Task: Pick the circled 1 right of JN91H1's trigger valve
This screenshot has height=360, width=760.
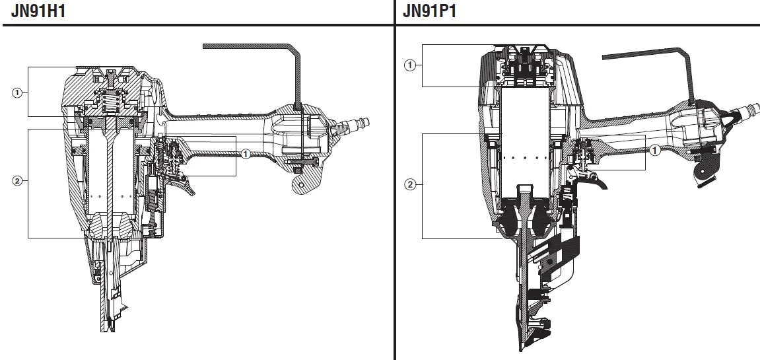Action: [x=245, y=154]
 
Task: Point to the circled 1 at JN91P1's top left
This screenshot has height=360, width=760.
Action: [x=410, y=65]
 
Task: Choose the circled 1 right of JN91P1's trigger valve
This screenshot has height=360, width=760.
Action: [x=655, y=149]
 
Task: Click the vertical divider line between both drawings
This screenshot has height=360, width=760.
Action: [x=395, y=198]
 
